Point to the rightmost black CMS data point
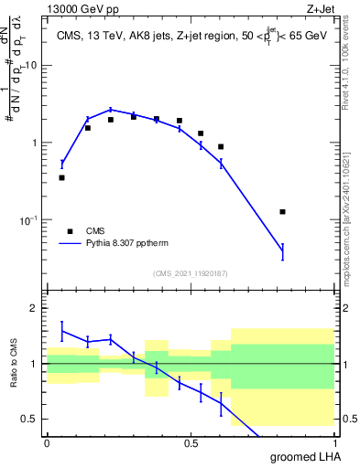pos(282,211)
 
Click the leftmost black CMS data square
pos(61,177)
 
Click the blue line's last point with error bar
pos(282,252)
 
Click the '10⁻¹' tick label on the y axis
pos(28,219)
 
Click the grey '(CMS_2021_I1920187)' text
pos(190,272)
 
